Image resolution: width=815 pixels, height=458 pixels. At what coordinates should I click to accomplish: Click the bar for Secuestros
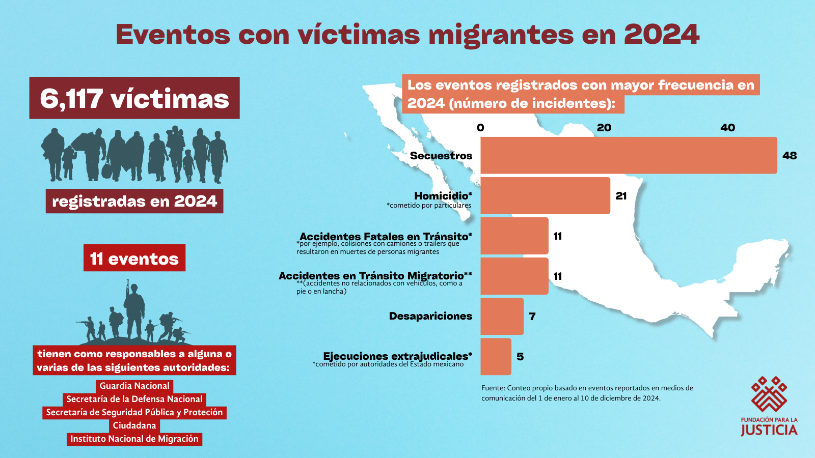click(x=629, y=155)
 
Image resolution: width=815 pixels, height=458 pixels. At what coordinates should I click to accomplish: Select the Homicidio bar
click(x=545, y=195)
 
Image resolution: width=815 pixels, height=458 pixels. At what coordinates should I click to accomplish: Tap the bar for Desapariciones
click(x=502, y=316)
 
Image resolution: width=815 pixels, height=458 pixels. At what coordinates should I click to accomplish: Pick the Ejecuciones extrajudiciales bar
click(x=496, y=356)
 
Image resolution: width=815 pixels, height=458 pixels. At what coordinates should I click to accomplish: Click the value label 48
click(x=790, y=156)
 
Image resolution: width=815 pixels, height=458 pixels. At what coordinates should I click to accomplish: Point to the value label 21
click(x=621, y=196)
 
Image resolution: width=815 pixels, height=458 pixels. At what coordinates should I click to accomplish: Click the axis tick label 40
click(x=727, y=128)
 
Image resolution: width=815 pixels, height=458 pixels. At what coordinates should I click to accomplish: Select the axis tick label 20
click(x=604, y=128)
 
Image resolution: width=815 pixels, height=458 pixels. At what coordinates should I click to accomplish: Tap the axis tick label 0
click(x=480, y=128)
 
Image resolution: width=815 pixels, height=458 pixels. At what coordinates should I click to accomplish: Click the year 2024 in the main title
click(x=661, y=35)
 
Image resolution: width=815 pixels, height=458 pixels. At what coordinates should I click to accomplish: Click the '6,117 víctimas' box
click(x=134, y=98)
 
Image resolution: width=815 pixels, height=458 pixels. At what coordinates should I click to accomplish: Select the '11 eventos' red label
click(x=134, y=259)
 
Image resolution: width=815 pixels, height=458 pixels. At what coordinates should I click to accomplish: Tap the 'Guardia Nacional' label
click(x=134, y=386)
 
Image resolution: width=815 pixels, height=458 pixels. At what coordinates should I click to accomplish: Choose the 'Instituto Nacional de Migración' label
click(x=134, y=439)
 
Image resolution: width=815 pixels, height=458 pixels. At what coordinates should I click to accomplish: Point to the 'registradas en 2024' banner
click(x=134, y=201)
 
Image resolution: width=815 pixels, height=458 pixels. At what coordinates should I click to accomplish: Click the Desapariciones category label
click(x=430, y=316)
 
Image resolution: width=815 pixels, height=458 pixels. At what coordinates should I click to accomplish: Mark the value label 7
click(x=532, y=317)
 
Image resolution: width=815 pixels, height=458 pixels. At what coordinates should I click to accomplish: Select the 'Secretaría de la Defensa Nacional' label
click(x=134, y=399)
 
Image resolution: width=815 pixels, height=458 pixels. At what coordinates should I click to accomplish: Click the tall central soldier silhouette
click(x=134, y=310)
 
